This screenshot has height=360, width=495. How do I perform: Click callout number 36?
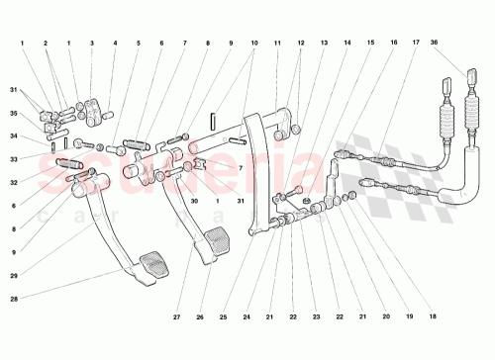click(x=461, y=44)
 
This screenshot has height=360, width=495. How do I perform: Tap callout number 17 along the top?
click(x=417, y=44)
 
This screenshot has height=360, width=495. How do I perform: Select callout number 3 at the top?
click(x=91, y=44)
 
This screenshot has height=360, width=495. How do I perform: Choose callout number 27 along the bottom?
click(x=176, y=316)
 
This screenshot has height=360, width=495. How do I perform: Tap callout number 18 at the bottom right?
click(x=432, y=316)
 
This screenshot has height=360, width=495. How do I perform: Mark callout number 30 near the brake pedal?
click(x=195, y=201)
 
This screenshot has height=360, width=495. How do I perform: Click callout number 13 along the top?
click(x=323, y=44)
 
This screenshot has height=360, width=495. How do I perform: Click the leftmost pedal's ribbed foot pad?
click(x=154, y=265)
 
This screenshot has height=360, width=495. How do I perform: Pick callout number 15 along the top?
click(x=369, y=44)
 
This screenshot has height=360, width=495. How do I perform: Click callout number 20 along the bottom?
click(x=386, y=316)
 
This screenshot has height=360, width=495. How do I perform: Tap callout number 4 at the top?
click(x=115, y=44)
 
